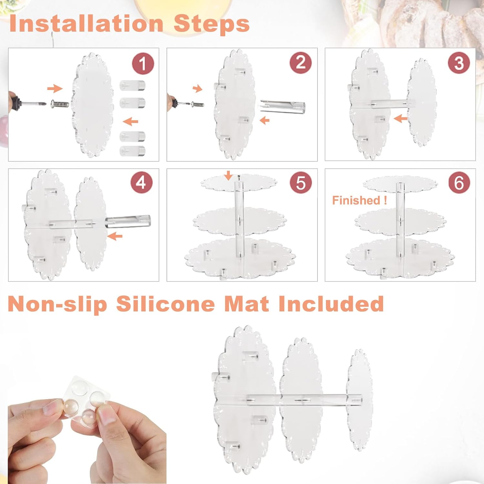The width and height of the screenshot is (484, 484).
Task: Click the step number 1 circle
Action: pos(143,63)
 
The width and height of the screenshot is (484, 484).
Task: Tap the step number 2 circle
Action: pos(301,62)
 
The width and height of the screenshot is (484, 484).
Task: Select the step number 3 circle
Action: pos(459,63)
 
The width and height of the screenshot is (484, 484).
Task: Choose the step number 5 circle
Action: pos(301,183)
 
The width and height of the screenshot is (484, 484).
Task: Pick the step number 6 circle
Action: pos(459,183)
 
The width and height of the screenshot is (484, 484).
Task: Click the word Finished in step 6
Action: pos(356,200)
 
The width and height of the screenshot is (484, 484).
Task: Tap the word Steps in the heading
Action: pos(212,24)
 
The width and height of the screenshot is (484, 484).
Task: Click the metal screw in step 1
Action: pos(60,104)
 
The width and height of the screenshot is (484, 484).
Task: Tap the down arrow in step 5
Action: pos(228,176)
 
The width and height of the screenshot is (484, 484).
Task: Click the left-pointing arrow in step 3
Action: pos(400,118)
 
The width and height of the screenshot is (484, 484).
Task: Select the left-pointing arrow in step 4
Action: pos(115,237)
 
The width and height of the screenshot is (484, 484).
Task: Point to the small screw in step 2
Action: pos(197,104)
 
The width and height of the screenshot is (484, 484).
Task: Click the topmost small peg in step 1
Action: pos(133,86)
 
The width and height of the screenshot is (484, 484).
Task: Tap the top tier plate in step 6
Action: pos(400,184)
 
